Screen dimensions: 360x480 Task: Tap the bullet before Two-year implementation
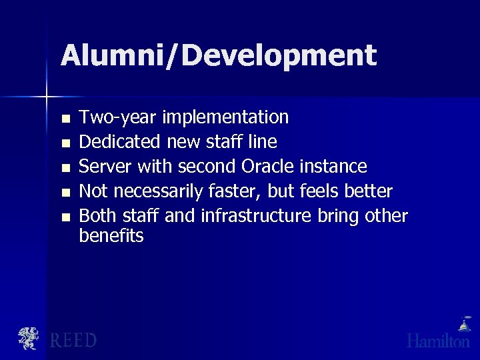[x=64, y=119]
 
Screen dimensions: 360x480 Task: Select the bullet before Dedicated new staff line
[x=64, y=143]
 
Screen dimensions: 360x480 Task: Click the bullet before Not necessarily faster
[x=64, y=193]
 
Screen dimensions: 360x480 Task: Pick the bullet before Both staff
[x=64, y=217]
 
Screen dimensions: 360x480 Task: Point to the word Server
[x=105, y=166]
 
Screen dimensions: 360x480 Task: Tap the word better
[x=369, y=191]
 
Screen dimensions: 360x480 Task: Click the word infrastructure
[x=256, y=216]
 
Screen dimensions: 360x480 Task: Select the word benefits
[x=111, y=236]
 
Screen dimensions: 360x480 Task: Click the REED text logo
[x=73, y=340]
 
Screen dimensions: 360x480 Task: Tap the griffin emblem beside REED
[x=29, y=338]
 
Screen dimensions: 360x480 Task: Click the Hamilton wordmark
[x=438, y=341]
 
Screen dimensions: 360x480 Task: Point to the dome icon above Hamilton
[x=463, y=324]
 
